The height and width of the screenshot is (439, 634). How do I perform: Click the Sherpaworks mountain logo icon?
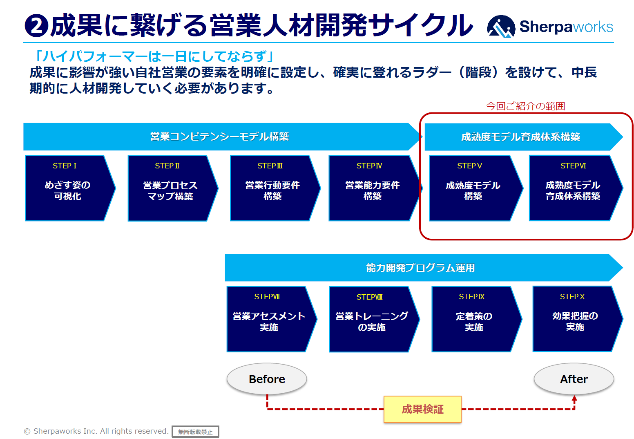coord(501,27)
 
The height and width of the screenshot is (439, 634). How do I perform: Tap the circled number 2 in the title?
coord(36,26)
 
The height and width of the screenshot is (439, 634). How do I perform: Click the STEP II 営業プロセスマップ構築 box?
coord(170,188)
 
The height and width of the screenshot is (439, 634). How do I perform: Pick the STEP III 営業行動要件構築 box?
coord(272,188)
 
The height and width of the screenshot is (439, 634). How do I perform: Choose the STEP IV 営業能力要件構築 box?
coord(372,188)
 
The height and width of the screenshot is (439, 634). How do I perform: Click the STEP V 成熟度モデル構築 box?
coord(473,188)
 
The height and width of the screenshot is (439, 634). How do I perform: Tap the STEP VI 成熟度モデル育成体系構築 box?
coord(573,188)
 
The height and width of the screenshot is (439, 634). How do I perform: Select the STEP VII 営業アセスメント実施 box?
coord(269,319)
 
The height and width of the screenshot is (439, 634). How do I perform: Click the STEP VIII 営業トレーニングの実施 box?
coord(371,319)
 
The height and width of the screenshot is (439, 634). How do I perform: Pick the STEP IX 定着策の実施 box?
coord(474,319)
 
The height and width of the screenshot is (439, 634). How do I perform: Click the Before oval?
coord(267,379)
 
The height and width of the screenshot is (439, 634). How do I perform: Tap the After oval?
coord(574,379)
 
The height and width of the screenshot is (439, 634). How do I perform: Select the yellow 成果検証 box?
coord(422,409)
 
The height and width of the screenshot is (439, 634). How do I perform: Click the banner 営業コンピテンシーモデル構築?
coord(219,137)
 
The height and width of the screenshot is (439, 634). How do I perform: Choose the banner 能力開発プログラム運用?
coord(420,268)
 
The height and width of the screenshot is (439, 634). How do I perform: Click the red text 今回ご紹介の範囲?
coord(525,106)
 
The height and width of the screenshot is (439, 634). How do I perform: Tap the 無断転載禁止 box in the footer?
coord(195,432)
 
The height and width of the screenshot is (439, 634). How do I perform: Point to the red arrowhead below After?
coord(574,398)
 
